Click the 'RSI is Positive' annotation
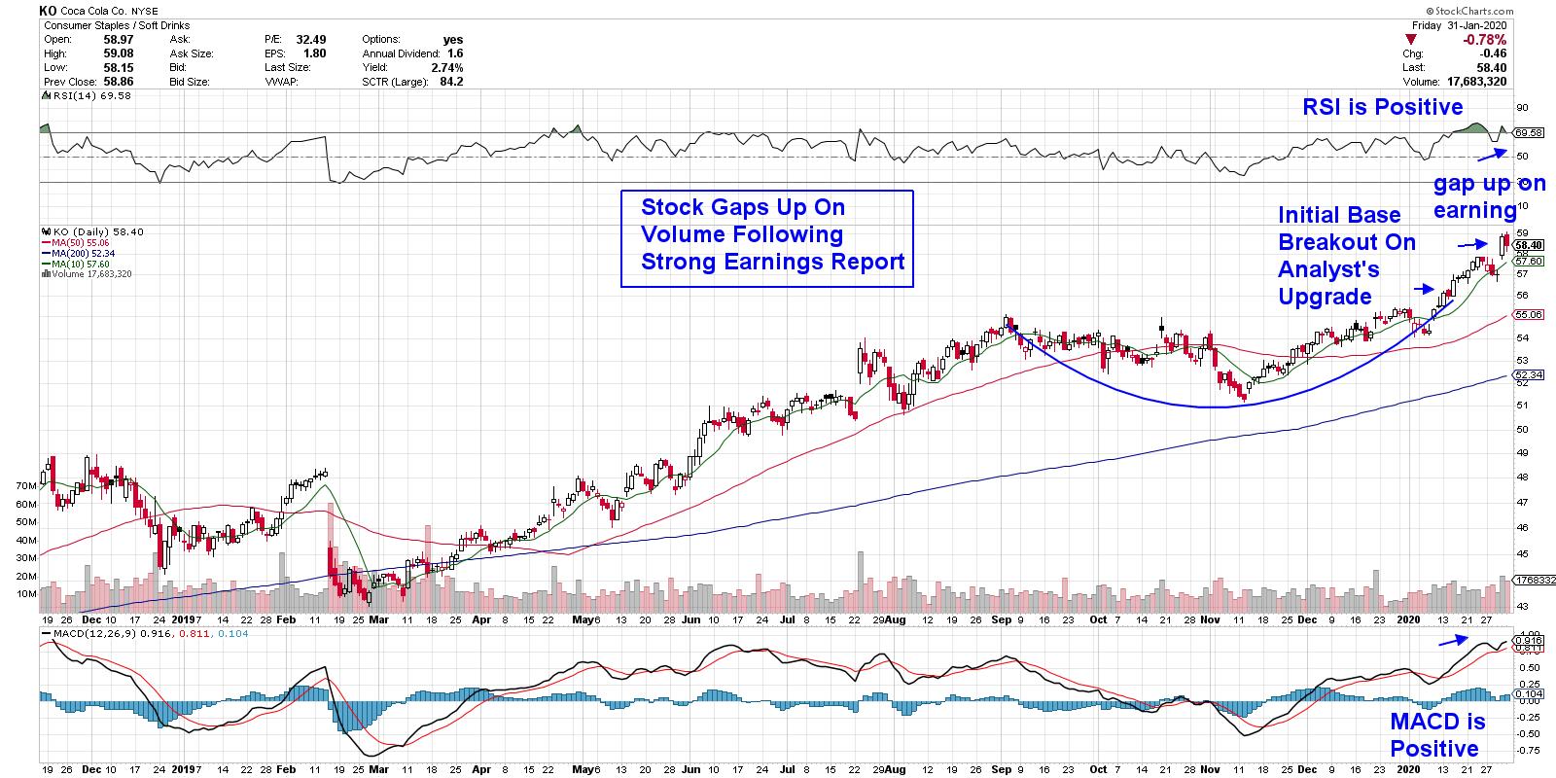coord(1382,107)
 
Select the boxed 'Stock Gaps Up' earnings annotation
coord(766,238)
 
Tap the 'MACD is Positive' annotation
coord(1436,734)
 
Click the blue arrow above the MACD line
coord(1453,639)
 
